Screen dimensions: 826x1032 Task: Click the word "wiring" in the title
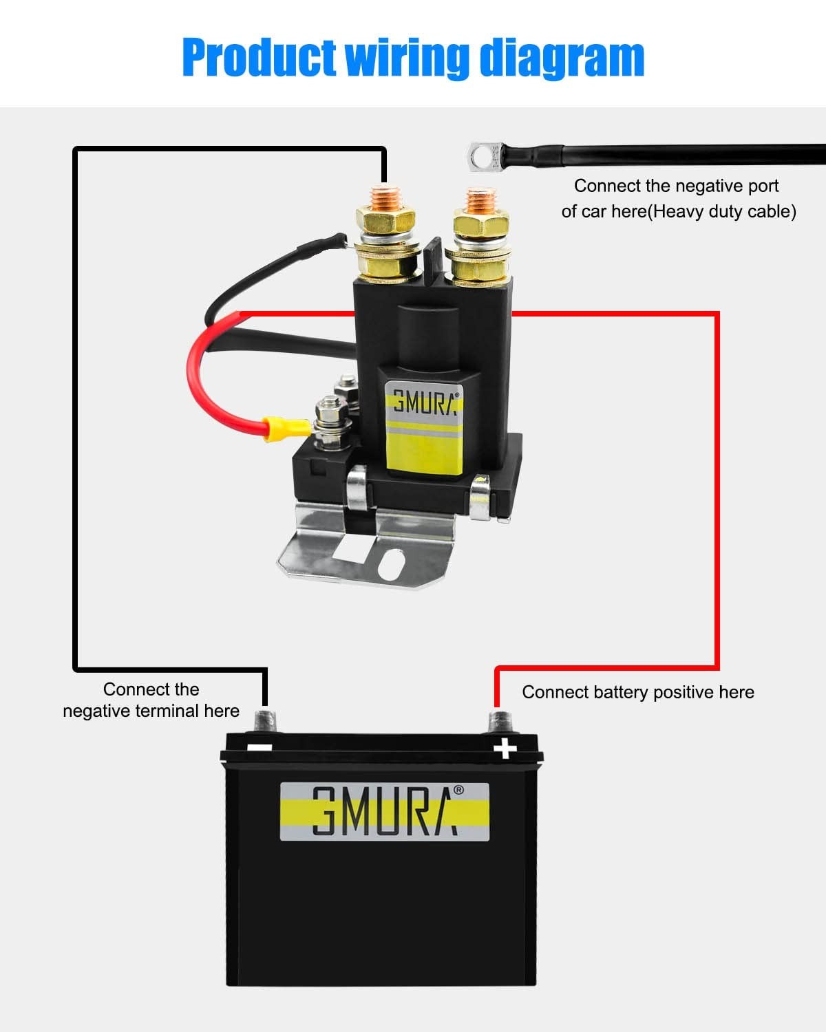[x=407, y=58]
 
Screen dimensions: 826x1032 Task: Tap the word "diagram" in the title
[x=562, y=58]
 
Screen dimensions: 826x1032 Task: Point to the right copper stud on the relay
[x=481, y=201]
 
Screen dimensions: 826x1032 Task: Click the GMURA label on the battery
[x=385, y=811]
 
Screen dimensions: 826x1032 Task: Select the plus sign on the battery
[x=505, y=749]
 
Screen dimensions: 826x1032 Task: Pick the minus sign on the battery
[x=260, y=748]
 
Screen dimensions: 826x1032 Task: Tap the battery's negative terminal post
[x=265, y=721]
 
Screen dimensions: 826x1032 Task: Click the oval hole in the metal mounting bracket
[x=391, y=564]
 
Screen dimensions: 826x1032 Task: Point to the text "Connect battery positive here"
[x=638, y=693]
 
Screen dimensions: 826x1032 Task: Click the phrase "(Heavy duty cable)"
[x=722, y=211]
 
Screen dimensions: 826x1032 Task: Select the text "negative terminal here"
[x=151, y=711]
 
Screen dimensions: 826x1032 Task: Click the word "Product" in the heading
[x=260, y=58]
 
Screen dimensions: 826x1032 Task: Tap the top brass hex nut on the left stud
[x=385, y=219]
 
